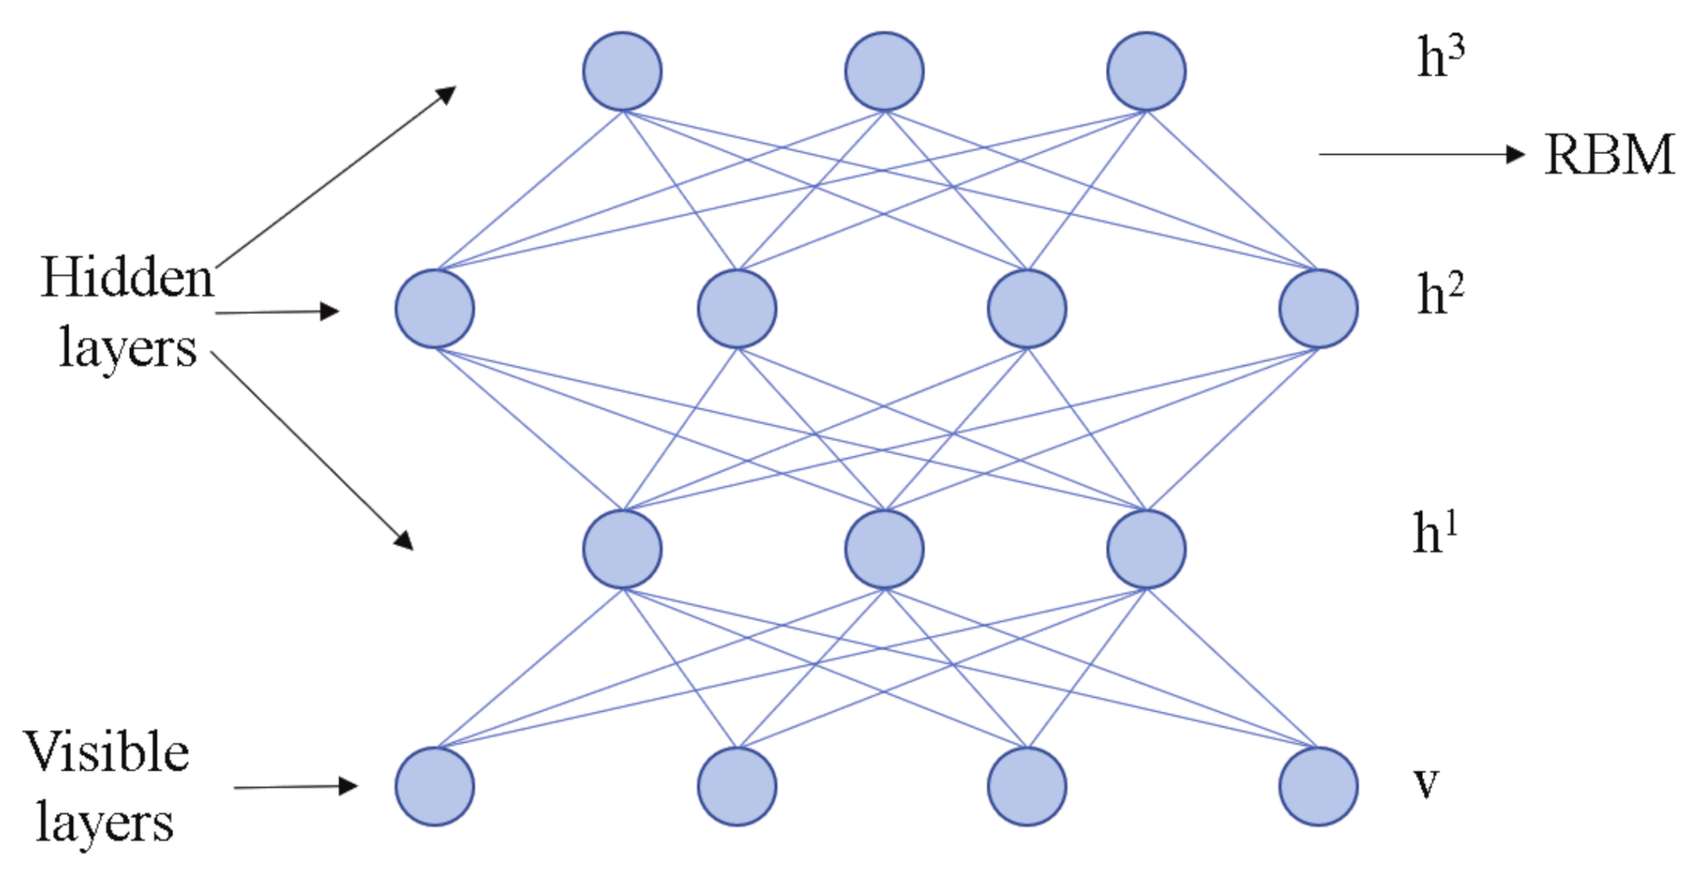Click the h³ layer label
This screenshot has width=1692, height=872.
(1439, 57)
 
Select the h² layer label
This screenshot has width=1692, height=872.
(1439, 295)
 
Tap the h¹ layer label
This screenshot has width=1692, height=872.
(1435, 533)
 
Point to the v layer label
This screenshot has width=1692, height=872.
(1426, 784)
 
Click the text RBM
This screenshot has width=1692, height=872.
(1609, 155)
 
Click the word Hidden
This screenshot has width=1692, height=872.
(127, 277)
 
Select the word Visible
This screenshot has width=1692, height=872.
(107, 752)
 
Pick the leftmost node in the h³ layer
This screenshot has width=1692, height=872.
(622, 71)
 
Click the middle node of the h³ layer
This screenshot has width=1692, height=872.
(885, 71)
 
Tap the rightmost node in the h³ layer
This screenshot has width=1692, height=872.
(1146, 71)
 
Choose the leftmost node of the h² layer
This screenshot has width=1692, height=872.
(435, 309)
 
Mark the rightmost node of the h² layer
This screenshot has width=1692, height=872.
(1319, 309)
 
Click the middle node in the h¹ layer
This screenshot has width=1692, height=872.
(885, 549)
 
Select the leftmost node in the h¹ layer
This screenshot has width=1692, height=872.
(622, 549)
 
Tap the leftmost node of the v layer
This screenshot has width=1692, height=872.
(435, 786)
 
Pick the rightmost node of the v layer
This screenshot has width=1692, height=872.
(1319, 786)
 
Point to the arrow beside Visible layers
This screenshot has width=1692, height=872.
(295, 787)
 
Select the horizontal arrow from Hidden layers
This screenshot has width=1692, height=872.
(276, 312)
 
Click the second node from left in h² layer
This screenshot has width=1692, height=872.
(737, 309)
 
